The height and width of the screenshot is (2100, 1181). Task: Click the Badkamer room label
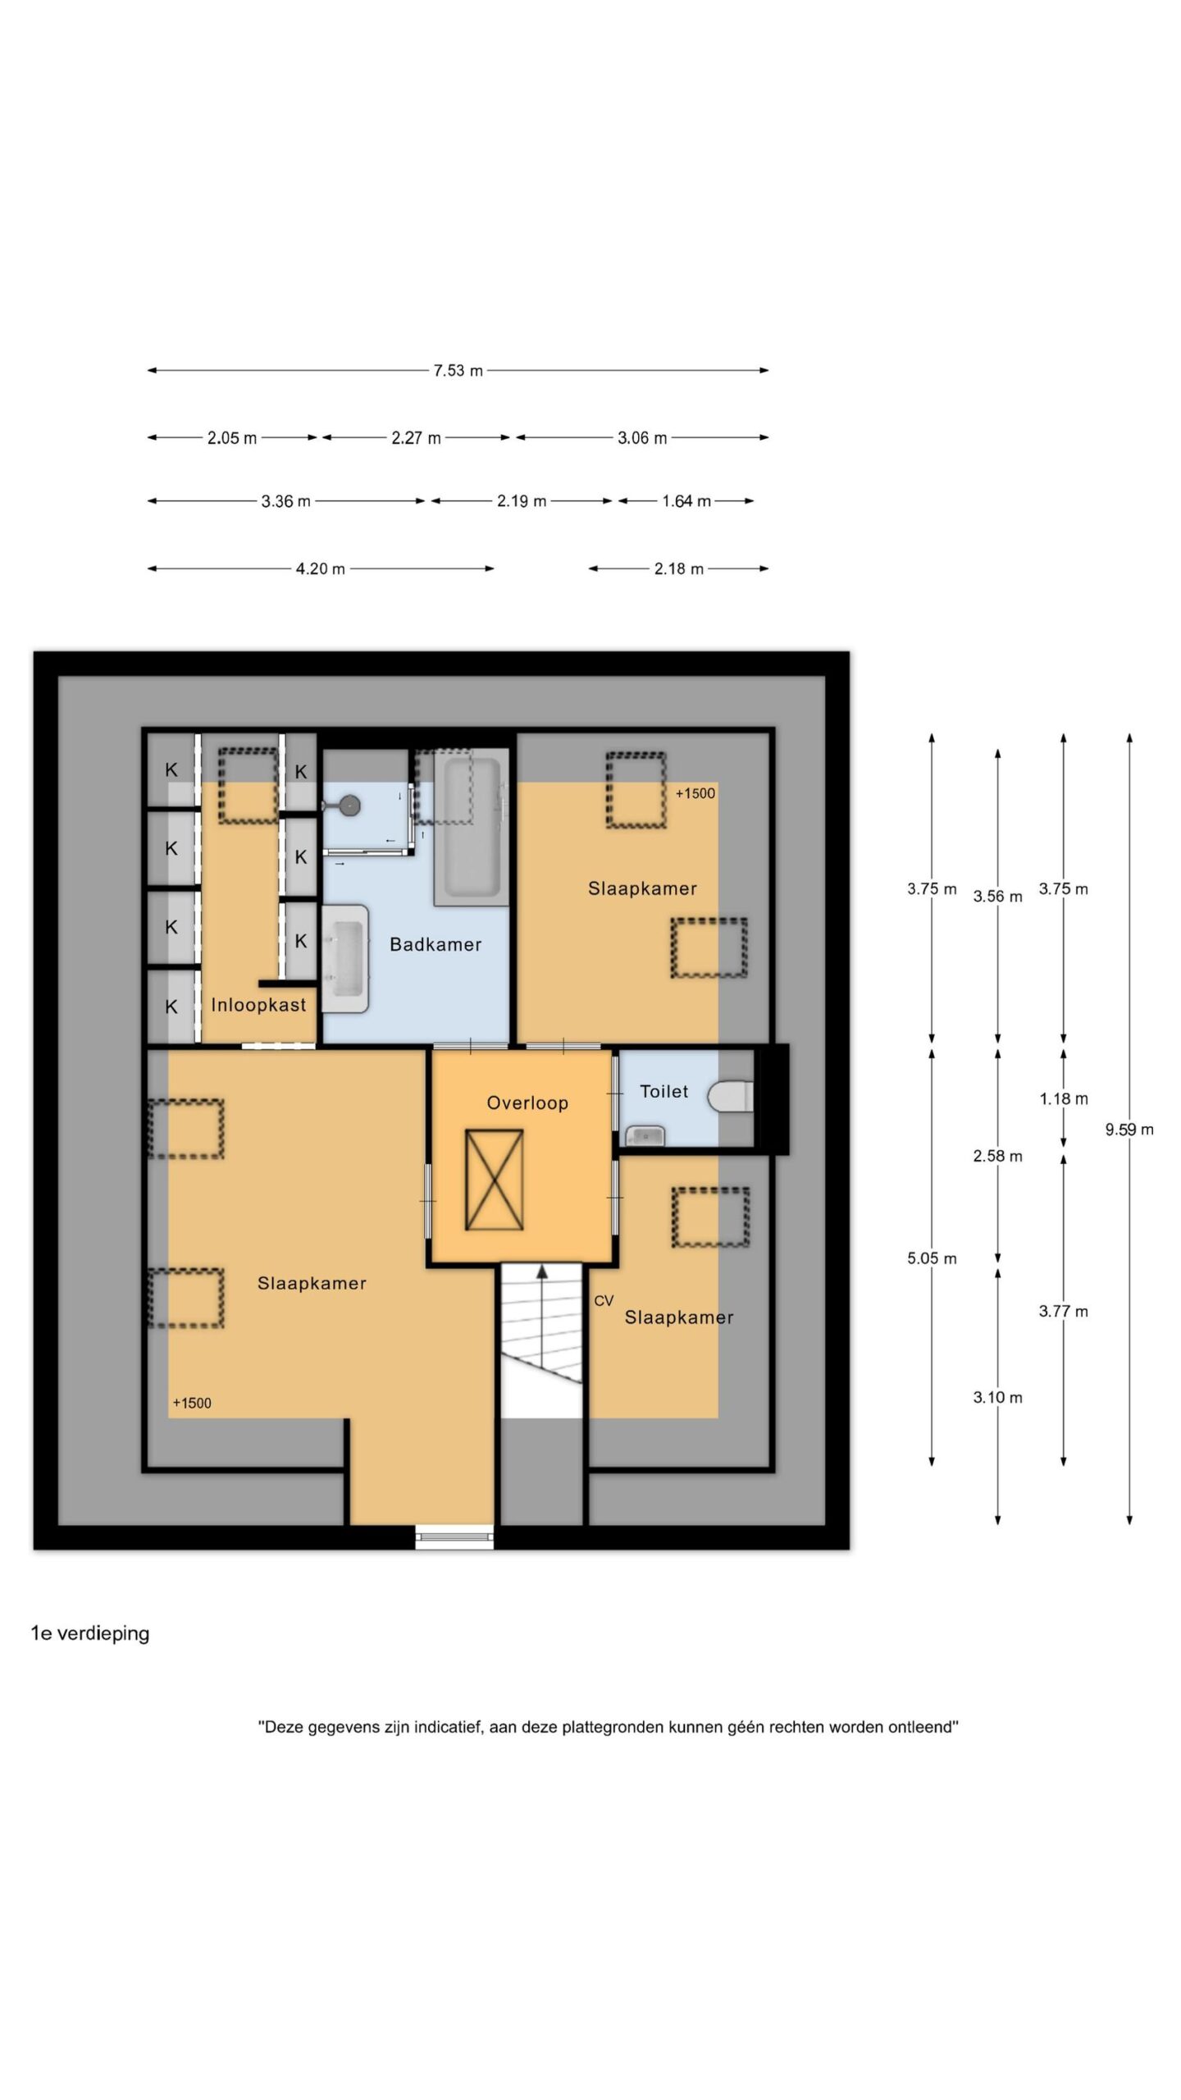click(x=435, y=944)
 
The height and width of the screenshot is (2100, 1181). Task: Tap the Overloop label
click(x=527, y=1103)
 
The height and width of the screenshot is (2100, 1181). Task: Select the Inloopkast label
click(x=258, y=1005)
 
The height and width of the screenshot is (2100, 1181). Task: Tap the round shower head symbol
click(x=350, y=806)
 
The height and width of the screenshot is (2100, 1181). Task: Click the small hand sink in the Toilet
click(x=645, y=1135)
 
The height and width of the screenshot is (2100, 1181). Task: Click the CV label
click(x=604, y=1301)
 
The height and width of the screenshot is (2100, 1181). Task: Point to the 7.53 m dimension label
click(x=458, y=371)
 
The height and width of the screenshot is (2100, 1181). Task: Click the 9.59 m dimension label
click(x=1129, y=1130)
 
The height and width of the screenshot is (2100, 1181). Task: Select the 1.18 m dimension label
click(x=1064, y=1099)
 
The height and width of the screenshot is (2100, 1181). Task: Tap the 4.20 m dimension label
click(x=321, y=569)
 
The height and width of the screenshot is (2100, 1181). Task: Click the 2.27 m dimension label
click(x=416, y=438)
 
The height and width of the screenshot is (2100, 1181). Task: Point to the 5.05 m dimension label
click(x=932, y=1258)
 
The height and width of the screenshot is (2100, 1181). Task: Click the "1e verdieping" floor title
click(x=90, y=1633)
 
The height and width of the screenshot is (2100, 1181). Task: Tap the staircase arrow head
click(x=542, y=1271)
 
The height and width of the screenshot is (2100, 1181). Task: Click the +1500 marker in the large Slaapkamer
click(x=192, y=1404)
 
